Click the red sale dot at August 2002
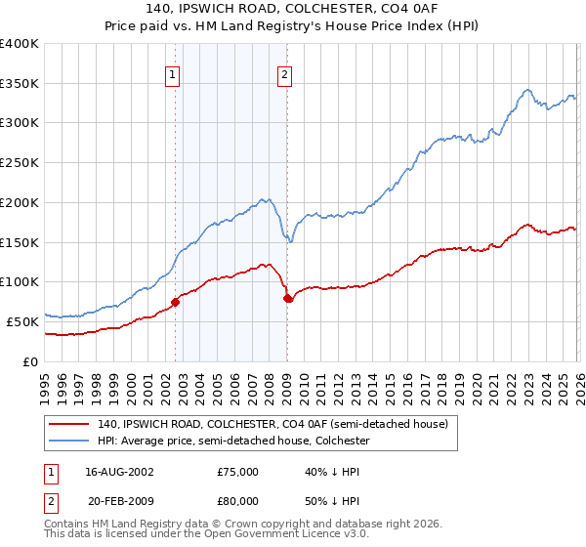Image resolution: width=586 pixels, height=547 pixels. pyautogui.click(x=176, y=302)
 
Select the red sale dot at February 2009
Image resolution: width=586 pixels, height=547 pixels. pyautogui.click(x=287, y=298)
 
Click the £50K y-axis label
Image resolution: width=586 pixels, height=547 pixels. pyautogui.click(x=21, y=321)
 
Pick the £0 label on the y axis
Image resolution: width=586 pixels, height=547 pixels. pyautogui.click(x=31, y=361)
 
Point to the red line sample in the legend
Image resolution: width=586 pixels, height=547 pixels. pyautogui.click(x=69, y=424)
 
